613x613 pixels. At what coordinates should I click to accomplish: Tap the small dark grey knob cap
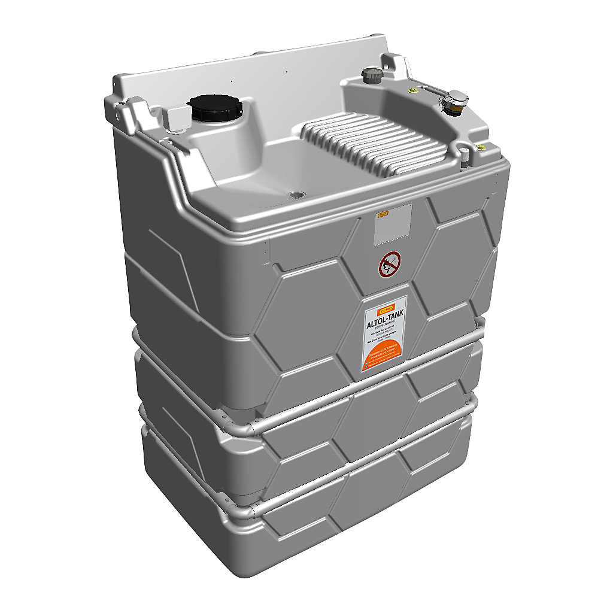point(371,75)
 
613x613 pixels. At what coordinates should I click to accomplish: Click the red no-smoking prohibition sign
point(390,264)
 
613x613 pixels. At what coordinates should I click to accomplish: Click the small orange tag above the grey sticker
point(383,213)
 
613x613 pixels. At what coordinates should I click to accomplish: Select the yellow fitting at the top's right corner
point(480,147)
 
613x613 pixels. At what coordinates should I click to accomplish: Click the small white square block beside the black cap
point(176,120)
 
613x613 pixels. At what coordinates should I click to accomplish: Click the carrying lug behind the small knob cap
point(392,63)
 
